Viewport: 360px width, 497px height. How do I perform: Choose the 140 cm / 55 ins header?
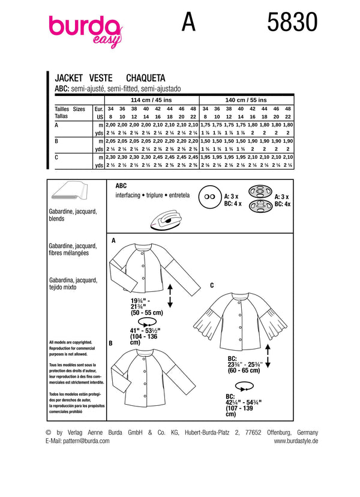tap(247, 100)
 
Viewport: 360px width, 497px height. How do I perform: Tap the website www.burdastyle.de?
tap(296, 441)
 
